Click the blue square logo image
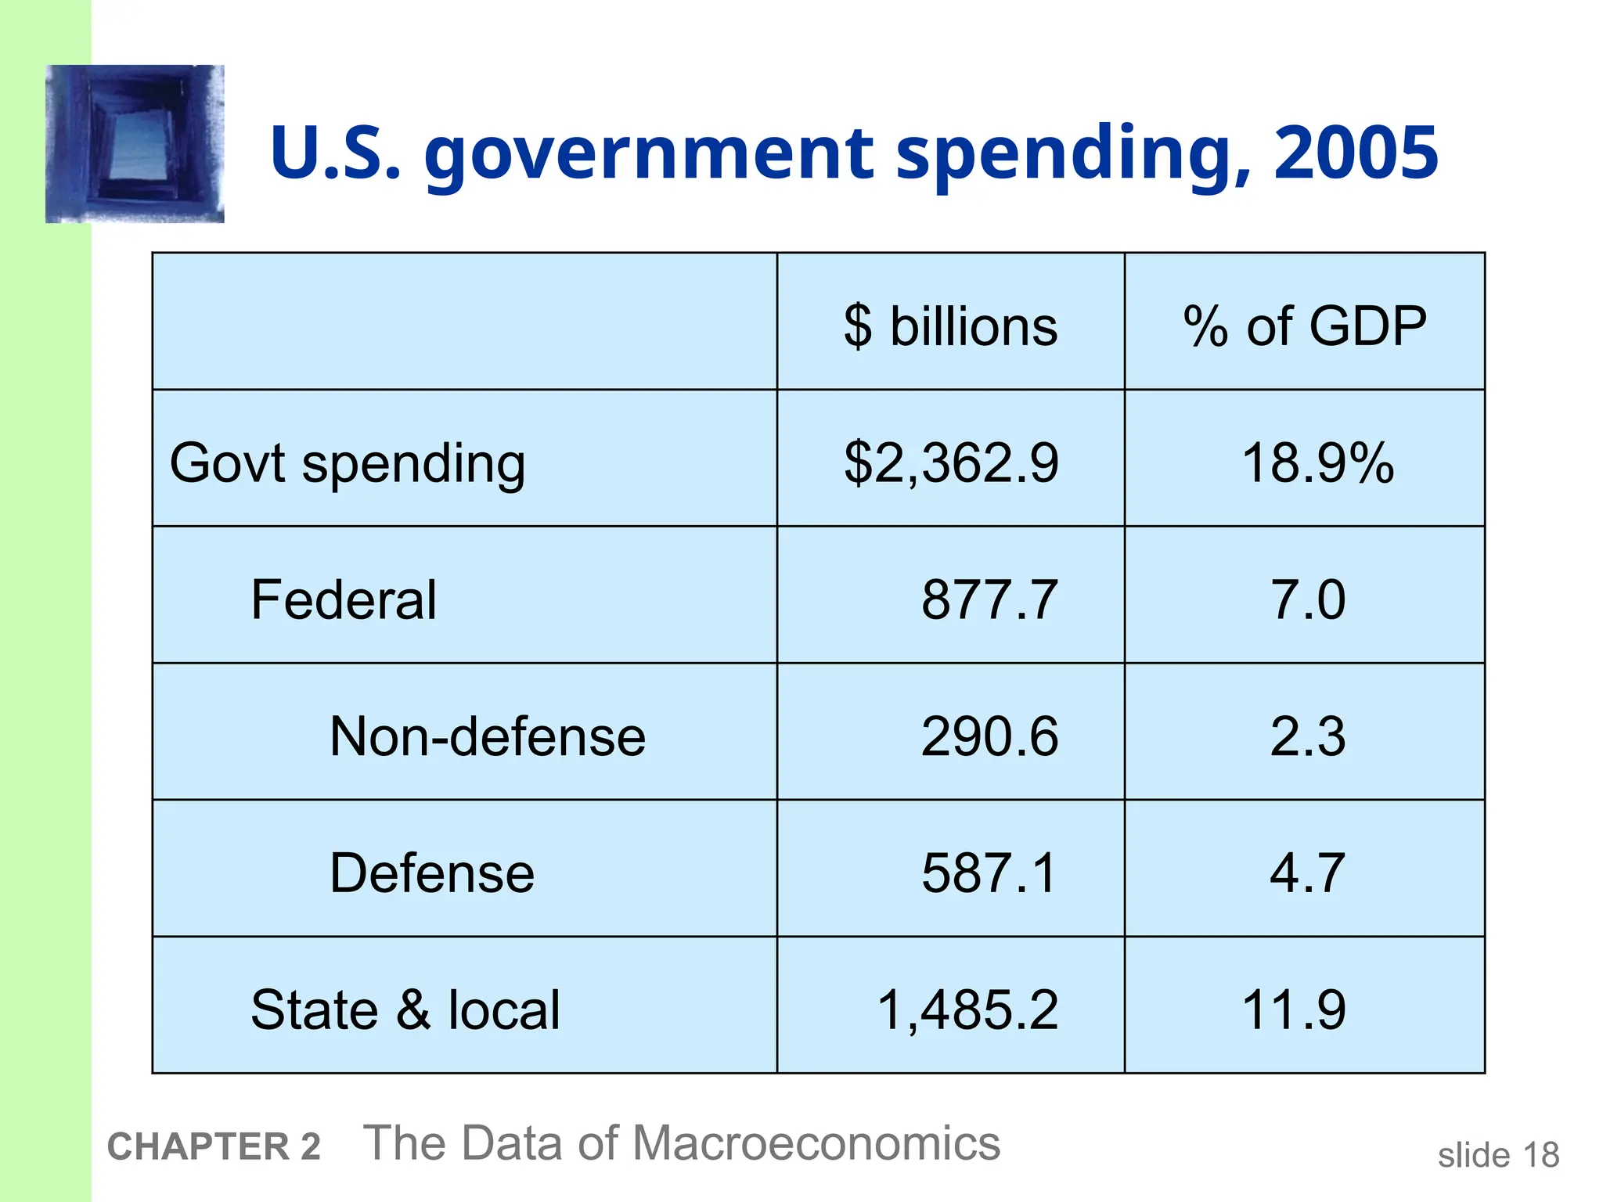point(135,144)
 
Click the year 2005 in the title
point(1356,153)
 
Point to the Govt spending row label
point(348,463)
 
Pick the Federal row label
point(344,599)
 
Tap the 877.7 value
point(989,599)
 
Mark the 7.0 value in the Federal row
point(1307,599)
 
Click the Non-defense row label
point(488,736)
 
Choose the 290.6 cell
point(989,736)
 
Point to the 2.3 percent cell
point(1307,736)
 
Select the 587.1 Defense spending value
point(989,873)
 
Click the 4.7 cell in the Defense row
point(1307,873)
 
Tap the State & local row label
point(405,1009)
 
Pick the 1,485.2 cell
point(967,1009)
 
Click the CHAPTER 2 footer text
point(214,1146)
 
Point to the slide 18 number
point(1498,1155)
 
